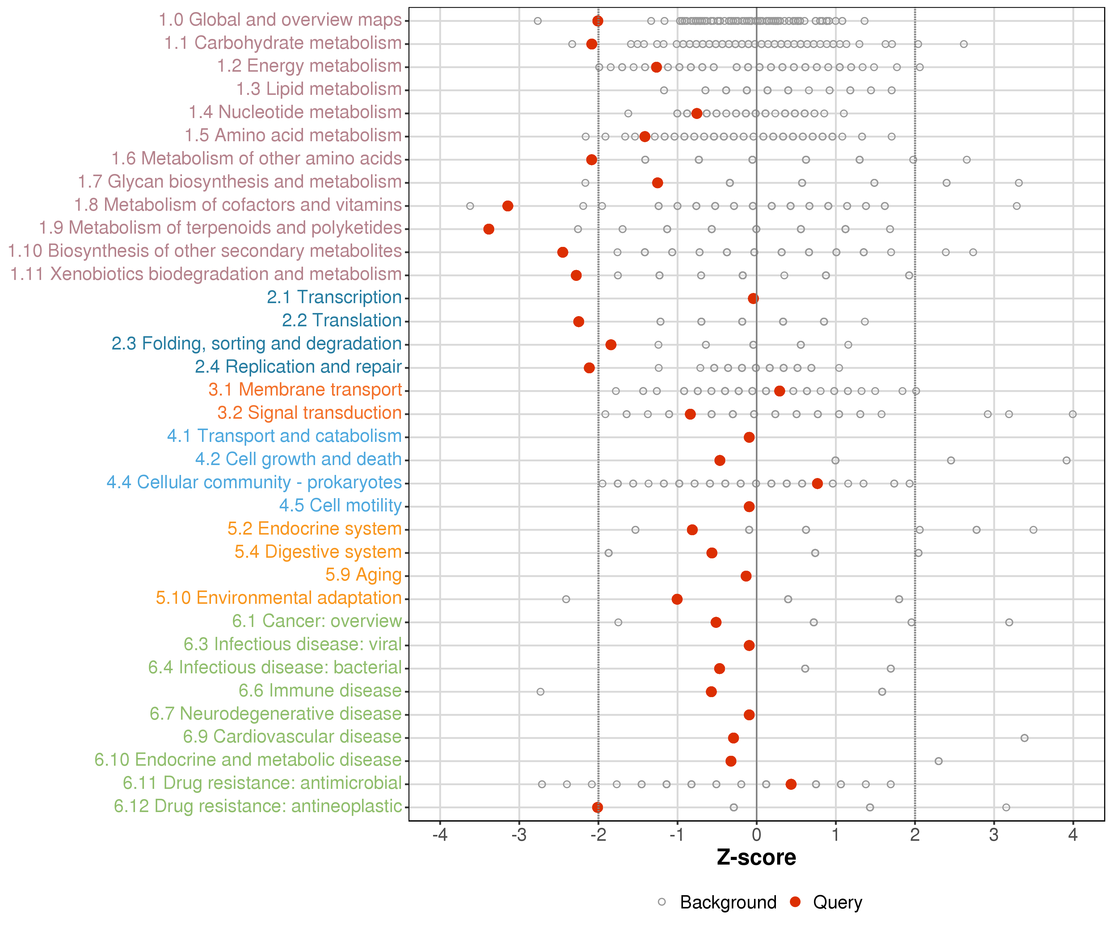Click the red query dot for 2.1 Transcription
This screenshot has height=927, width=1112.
[753, 298]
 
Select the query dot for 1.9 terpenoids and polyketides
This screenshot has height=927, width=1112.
[489, 229]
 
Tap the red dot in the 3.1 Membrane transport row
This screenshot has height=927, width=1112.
[779, 391]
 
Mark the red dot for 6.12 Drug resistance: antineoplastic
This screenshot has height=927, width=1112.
[597, 807]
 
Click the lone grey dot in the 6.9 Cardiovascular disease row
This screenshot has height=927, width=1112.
[1025, 738]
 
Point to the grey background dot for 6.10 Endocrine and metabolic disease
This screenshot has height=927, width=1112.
[938, 761]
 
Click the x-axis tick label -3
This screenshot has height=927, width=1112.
[519, 835]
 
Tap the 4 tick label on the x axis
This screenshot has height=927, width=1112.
[1073, 835]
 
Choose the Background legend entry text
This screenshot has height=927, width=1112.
[728, 902]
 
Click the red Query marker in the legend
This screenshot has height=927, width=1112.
[795, 902]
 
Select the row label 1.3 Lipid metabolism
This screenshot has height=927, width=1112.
[319, 89]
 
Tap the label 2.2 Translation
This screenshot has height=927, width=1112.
[342, 320]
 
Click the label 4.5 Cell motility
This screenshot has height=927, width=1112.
[340, 506]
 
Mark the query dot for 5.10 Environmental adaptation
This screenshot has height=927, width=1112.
[677, 599]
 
